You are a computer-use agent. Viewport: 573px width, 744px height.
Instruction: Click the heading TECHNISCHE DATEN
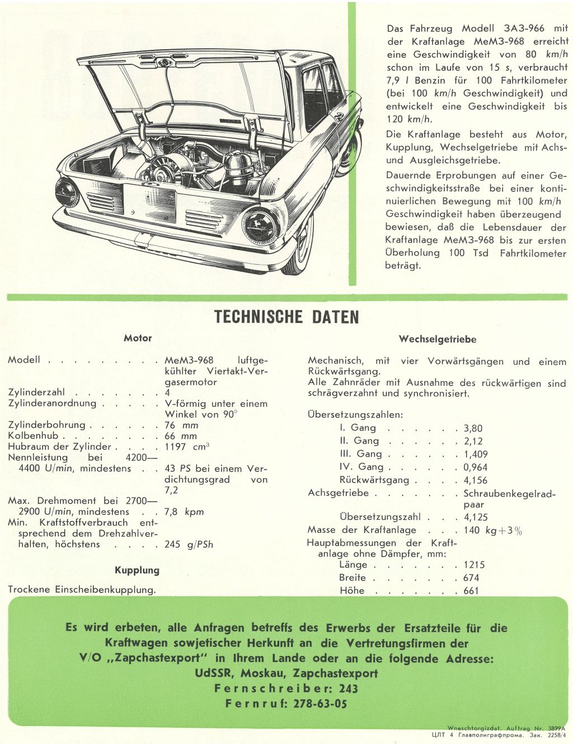[x=286, y=317]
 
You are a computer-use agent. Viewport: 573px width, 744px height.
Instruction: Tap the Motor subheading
[x=138, y=338]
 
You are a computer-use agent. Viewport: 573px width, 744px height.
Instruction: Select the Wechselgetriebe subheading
[x=438, y=339]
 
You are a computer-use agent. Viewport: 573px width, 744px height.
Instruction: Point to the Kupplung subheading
[x=137, y=570]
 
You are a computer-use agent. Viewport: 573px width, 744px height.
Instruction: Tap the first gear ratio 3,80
[x=473, y=428]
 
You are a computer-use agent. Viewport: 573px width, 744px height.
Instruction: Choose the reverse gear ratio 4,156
[x=475, y=480]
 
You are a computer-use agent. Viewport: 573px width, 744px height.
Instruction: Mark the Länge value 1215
[x=474, y=565]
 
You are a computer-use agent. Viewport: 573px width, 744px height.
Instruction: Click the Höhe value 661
[x=471, y=591]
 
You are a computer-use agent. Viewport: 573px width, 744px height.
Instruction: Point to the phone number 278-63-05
[x=320, y=704]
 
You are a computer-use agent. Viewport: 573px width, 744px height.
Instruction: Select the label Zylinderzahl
[x=36, y=392]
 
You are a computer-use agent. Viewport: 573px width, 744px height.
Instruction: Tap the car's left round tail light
[x=67, y=192]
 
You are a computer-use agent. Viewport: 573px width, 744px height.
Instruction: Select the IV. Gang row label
[x=361, y=467]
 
